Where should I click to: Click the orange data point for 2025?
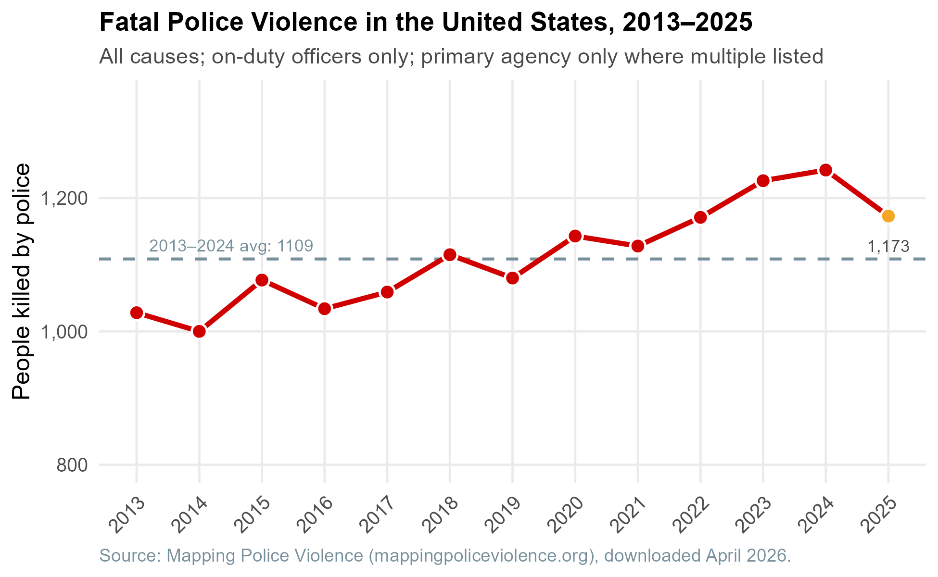pyautogui.click(x=888, y=216)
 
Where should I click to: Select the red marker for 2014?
pyautogui.click(x=199, y=331)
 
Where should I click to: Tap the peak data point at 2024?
pyautogui.click(x=825, y=170)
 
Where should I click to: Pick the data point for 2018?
pyautogui.click(x=450, y=255)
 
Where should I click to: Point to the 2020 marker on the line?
pyautogui.click(x=575, y=236)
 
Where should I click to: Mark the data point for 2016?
pyautogui.click(x=325, y=309)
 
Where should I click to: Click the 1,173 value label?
pyautogui.click(x=888, y=247)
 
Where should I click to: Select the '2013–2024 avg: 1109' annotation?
pyautogui.click(x=231, y=246)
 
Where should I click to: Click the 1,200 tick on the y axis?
pyautogui.click(x=63, y=198)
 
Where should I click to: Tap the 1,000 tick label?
pyautogui.click(x=63, y=331)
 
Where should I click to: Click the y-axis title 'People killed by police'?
pyautogui.click(x=21, y=281)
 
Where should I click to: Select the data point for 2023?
pyautogui.click(x=763, y=181)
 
